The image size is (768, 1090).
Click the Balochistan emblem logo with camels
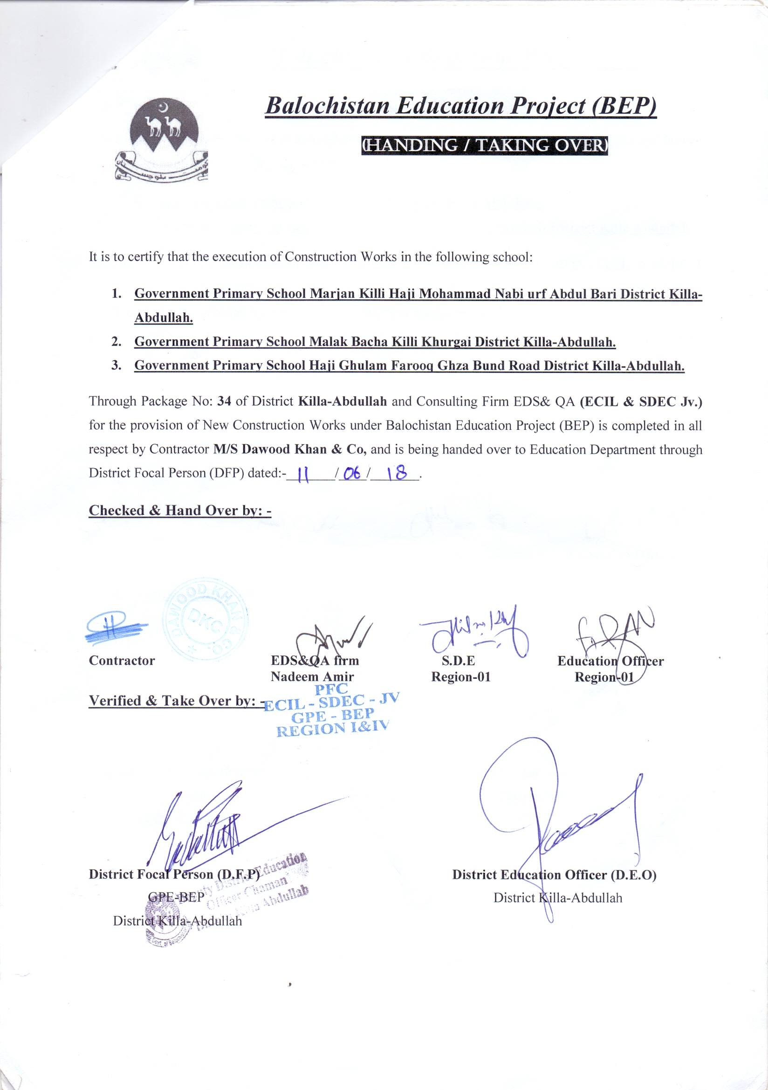click(x=161, y=138)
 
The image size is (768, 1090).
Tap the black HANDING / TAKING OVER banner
click(x=484, y=145)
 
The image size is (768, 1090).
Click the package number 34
click(x=224, y=401)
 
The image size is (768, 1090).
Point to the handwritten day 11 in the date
click(x=302, y=474)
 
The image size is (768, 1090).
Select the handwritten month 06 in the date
click(x=352, y=473)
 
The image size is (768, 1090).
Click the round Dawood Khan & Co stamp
click(x=205, y=620)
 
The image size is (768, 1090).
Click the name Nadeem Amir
click(x=312, y=676)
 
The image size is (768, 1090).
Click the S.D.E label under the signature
click(x=458, y=660)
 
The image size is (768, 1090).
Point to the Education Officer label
click(x=610, y=661)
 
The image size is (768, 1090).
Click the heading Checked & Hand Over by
click(x=180, y=511)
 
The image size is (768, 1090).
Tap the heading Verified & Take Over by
click(x=177, y=701)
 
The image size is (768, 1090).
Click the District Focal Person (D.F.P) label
click(x=174, y=874)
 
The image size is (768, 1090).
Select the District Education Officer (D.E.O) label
click(x=554, y=875)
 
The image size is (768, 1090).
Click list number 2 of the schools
click(x=117, y=341)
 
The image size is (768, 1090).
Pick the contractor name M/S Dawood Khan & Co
click(x=289, y=449)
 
